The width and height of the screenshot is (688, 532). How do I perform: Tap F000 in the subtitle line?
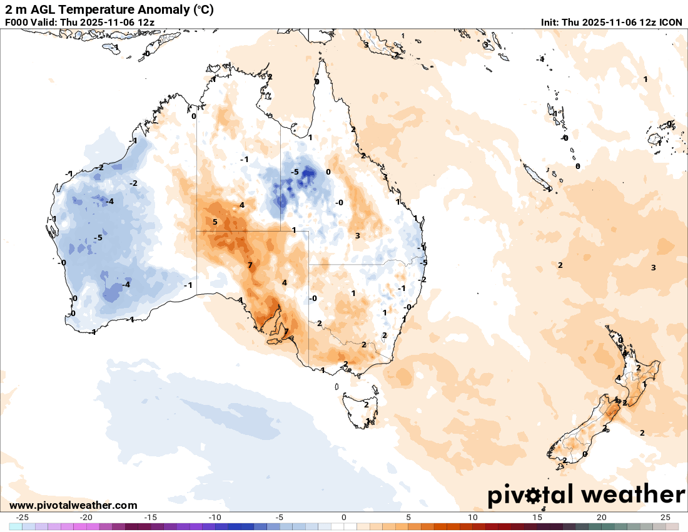(16, 22)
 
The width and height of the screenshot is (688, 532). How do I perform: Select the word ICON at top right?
(672, 22)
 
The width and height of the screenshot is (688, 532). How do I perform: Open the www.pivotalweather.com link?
(74, 505)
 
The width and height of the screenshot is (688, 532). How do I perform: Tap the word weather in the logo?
(633, 495)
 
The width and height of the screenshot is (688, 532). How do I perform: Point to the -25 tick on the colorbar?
(22, 518)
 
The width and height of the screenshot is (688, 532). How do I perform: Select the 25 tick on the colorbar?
(665, 518)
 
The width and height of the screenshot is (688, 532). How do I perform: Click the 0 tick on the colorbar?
(344, 518)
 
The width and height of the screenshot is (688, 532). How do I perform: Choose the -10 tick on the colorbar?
(215, 518)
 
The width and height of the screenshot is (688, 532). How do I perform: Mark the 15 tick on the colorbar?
(537, 518)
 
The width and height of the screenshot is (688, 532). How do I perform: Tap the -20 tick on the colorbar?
(86, 518)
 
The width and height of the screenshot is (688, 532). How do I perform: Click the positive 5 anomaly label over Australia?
(215, 222)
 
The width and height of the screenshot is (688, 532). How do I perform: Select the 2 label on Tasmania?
(366, 405)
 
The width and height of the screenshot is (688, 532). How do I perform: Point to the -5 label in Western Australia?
(98, 238)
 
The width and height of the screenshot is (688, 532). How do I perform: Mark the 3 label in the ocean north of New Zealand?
(653, 268)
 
